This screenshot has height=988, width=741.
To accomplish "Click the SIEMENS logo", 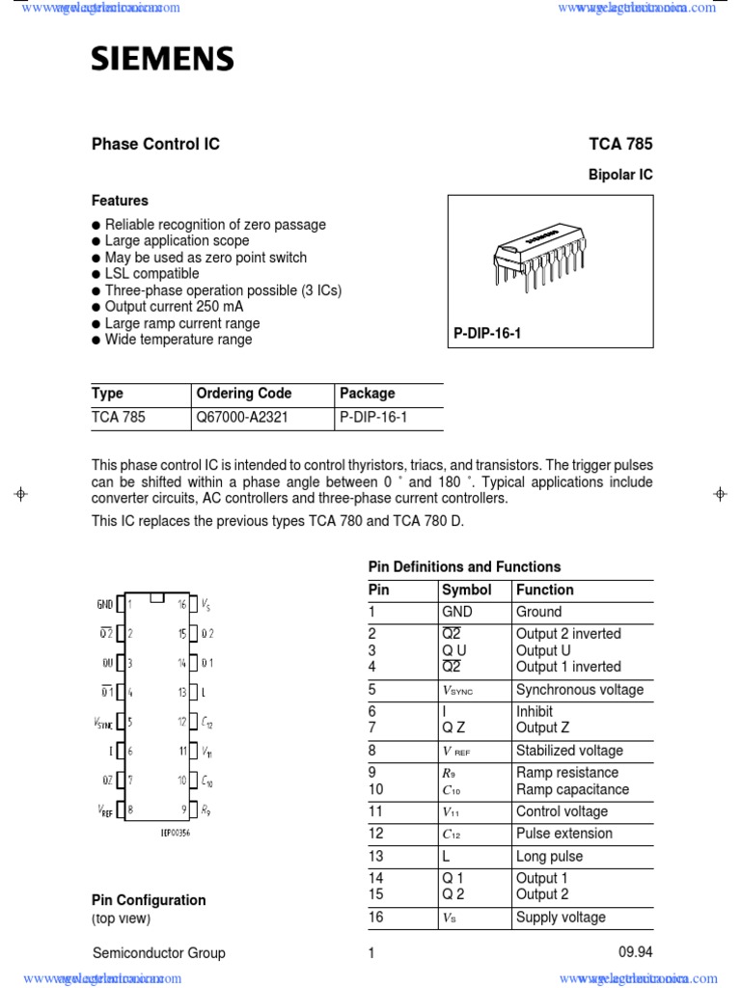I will click(x=162, y=61).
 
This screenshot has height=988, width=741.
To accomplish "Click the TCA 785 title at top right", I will click(x=620, y=145).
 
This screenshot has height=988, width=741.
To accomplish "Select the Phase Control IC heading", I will click(x=155, y=145).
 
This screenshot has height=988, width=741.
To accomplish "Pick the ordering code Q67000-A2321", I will click(x=242, y=419).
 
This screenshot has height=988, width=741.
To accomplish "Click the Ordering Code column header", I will click(x=243, y=394).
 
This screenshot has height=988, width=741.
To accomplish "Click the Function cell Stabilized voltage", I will click(x=569, y=751).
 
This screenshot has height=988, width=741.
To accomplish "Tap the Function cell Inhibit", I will click(x=535, y=711).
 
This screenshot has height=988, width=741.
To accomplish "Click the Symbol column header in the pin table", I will click(x=466, y=590).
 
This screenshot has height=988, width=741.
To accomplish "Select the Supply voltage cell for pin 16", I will click(x=561, y=918).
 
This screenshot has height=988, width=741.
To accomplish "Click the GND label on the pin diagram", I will click(x=104, y=604).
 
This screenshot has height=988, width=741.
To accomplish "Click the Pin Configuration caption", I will click(x=149, y=900).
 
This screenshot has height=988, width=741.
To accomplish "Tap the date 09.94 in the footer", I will click(x=635, y=952).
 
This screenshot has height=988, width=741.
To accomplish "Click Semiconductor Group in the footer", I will click(x=158, y=953).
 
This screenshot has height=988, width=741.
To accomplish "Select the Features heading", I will click(x=120, y=201).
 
